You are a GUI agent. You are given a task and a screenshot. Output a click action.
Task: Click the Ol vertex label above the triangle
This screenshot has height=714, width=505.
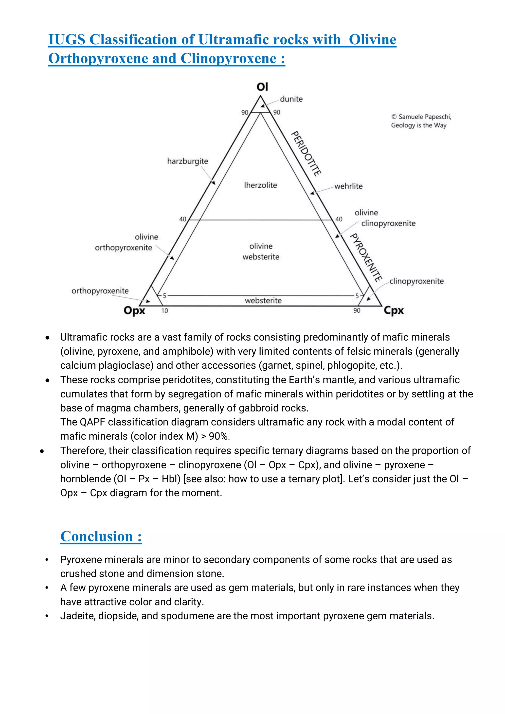(262, 87)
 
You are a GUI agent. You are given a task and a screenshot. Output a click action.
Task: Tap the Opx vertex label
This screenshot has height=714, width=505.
(134, 310)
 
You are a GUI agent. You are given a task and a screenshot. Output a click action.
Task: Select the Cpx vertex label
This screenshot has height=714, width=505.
(394, 310)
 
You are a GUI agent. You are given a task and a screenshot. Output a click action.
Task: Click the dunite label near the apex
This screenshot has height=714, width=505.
(291, 99)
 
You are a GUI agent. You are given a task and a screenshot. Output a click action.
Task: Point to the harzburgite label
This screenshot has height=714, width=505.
(187, 161)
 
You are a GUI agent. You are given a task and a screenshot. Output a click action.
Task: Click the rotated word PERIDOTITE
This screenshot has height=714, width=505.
(306, 153)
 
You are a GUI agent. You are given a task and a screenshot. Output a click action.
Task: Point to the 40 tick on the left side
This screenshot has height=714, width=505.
(182, 219)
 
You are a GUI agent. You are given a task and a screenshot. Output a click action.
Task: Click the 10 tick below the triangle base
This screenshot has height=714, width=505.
(164, 311)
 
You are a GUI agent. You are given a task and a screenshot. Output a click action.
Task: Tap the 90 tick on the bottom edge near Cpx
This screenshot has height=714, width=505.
(357, 310)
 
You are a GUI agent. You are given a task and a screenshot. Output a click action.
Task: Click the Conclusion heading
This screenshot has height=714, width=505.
(101, 536)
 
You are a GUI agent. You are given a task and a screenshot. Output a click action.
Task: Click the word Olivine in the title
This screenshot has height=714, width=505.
(372, 40)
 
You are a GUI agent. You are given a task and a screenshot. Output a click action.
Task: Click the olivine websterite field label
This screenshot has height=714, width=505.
(261, 251)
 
